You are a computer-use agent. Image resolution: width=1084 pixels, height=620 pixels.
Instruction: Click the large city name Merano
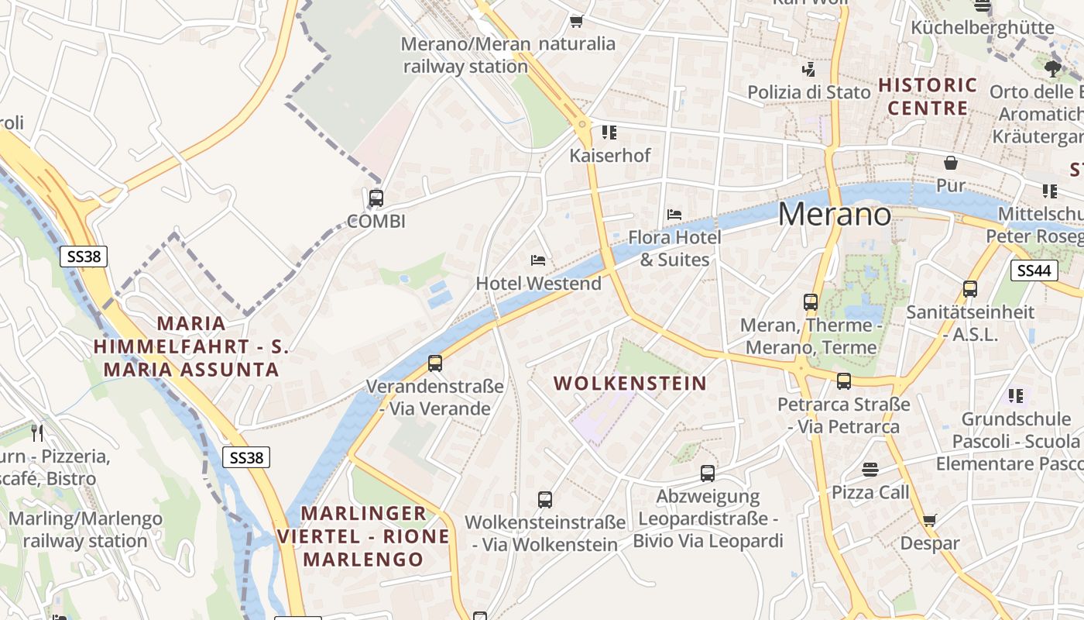tap(835, 214)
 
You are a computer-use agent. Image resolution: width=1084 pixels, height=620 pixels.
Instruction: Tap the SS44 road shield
tap(1034, 270)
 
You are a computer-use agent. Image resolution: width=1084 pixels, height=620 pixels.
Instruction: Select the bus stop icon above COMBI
tap(376, 198)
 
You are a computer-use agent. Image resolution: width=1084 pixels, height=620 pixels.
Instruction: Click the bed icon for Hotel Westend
tap(538, 260)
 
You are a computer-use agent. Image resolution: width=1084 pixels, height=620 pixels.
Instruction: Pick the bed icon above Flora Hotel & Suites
tap(674, 214)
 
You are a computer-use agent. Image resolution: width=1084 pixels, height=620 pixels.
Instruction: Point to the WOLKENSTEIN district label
tap(630, 383)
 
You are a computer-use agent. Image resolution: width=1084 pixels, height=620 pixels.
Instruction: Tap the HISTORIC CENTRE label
tap(928, 96)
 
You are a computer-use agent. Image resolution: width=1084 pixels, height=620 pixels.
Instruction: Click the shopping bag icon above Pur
tap(951, 163)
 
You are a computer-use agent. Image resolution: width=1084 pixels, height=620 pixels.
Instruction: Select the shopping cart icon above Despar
tap(930, 520)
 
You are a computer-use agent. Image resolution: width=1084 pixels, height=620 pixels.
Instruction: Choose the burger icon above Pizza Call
tap(870, 469)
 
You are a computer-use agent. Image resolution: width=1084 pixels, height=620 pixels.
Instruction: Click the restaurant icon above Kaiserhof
tap(609, 133)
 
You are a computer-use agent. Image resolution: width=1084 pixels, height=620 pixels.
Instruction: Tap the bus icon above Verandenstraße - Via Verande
tap(435, 363)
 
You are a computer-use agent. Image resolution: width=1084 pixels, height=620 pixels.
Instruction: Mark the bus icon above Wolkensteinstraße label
tap(545, 500)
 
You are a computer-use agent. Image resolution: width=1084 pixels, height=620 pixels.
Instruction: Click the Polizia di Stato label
tap(809, 92)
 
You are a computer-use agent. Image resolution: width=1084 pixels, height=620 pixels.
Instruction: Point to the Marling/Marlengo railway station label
tap(85, 529)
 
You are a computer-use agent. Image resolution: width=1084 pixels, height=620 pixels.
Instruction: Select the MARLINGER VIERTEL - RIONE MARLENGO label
tap(363, 536)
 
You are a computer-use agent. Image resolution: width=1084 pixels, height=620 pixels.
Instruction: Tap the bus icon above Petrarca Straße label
tap(844, 381)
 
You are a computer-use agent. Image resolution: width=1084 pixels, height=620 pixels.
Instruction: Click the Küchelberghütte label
tap(983, 28)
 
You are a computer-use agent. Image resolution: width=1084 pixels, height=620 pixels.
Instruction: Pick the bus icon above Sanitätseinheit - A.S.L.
tap(970, 289)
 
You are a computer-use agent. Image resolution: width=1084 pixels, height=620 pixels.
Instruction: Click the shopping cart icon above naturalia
tap(576, 20)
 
